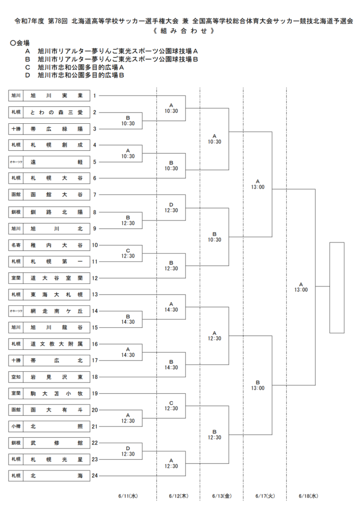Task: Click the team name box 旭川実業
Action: tap(56, 96)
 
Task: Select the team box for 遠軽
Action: tap(56, 162)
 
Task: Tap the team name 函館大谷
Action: tap(56, 195)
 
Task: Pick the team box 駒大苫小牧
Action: tap(56, 394)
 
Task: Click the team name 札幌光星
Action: tap(56, 460)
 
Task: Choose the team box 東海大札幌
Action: tap(56, 294)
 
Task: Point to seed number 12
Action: tap(94, 278)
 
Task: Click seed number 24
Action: tap(94, 476)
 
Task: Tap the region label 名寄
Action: tap(16, 245)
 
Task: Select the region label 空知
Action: tap(16, 377)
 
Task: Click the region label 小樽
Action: tap(16, 426)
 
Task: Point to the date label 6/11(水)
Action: tap(128, 496)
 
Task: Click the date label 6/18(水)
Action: tap(308, 496)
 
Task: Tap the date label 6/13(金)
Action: tap(222, 496)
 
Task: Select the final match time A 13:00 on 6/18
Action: tap(301, 287)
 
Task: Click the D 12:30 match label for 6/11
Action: tap(128, 451)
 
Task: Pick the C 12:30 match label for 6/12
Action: tap(171, 406)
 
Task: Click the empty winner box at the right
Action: tap(337, 243)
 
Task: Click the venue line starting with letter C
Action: tap(75, 67)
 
